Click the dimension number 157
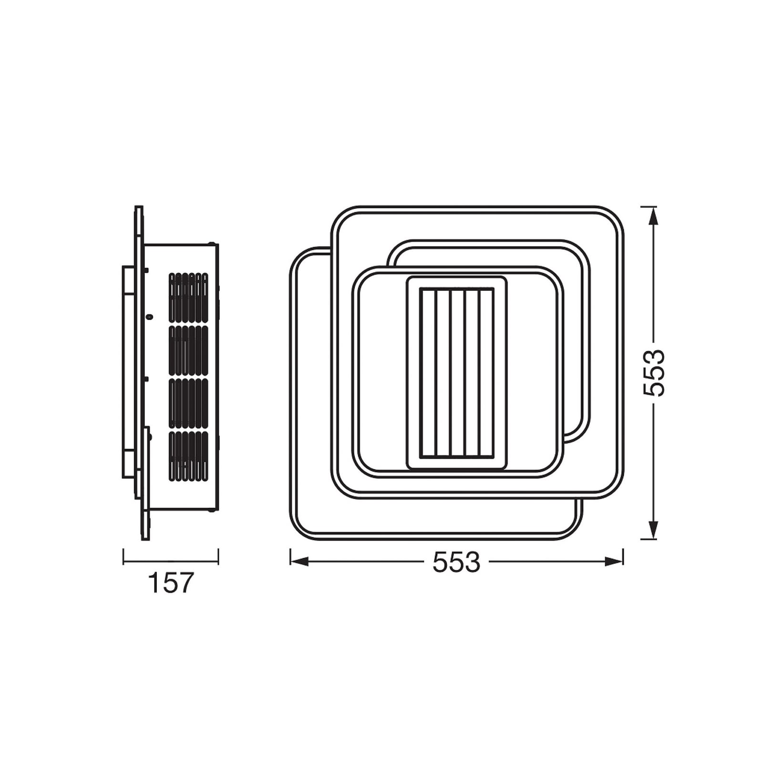171,583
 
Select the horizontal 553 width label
456,562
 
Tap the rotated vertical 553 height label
654,372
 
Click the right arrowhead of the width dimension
614,562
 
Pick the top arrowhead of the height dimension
653,216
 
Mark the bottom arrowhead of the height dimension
653,530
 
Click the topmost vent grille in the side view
188,297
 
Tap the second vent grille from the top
188,351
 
